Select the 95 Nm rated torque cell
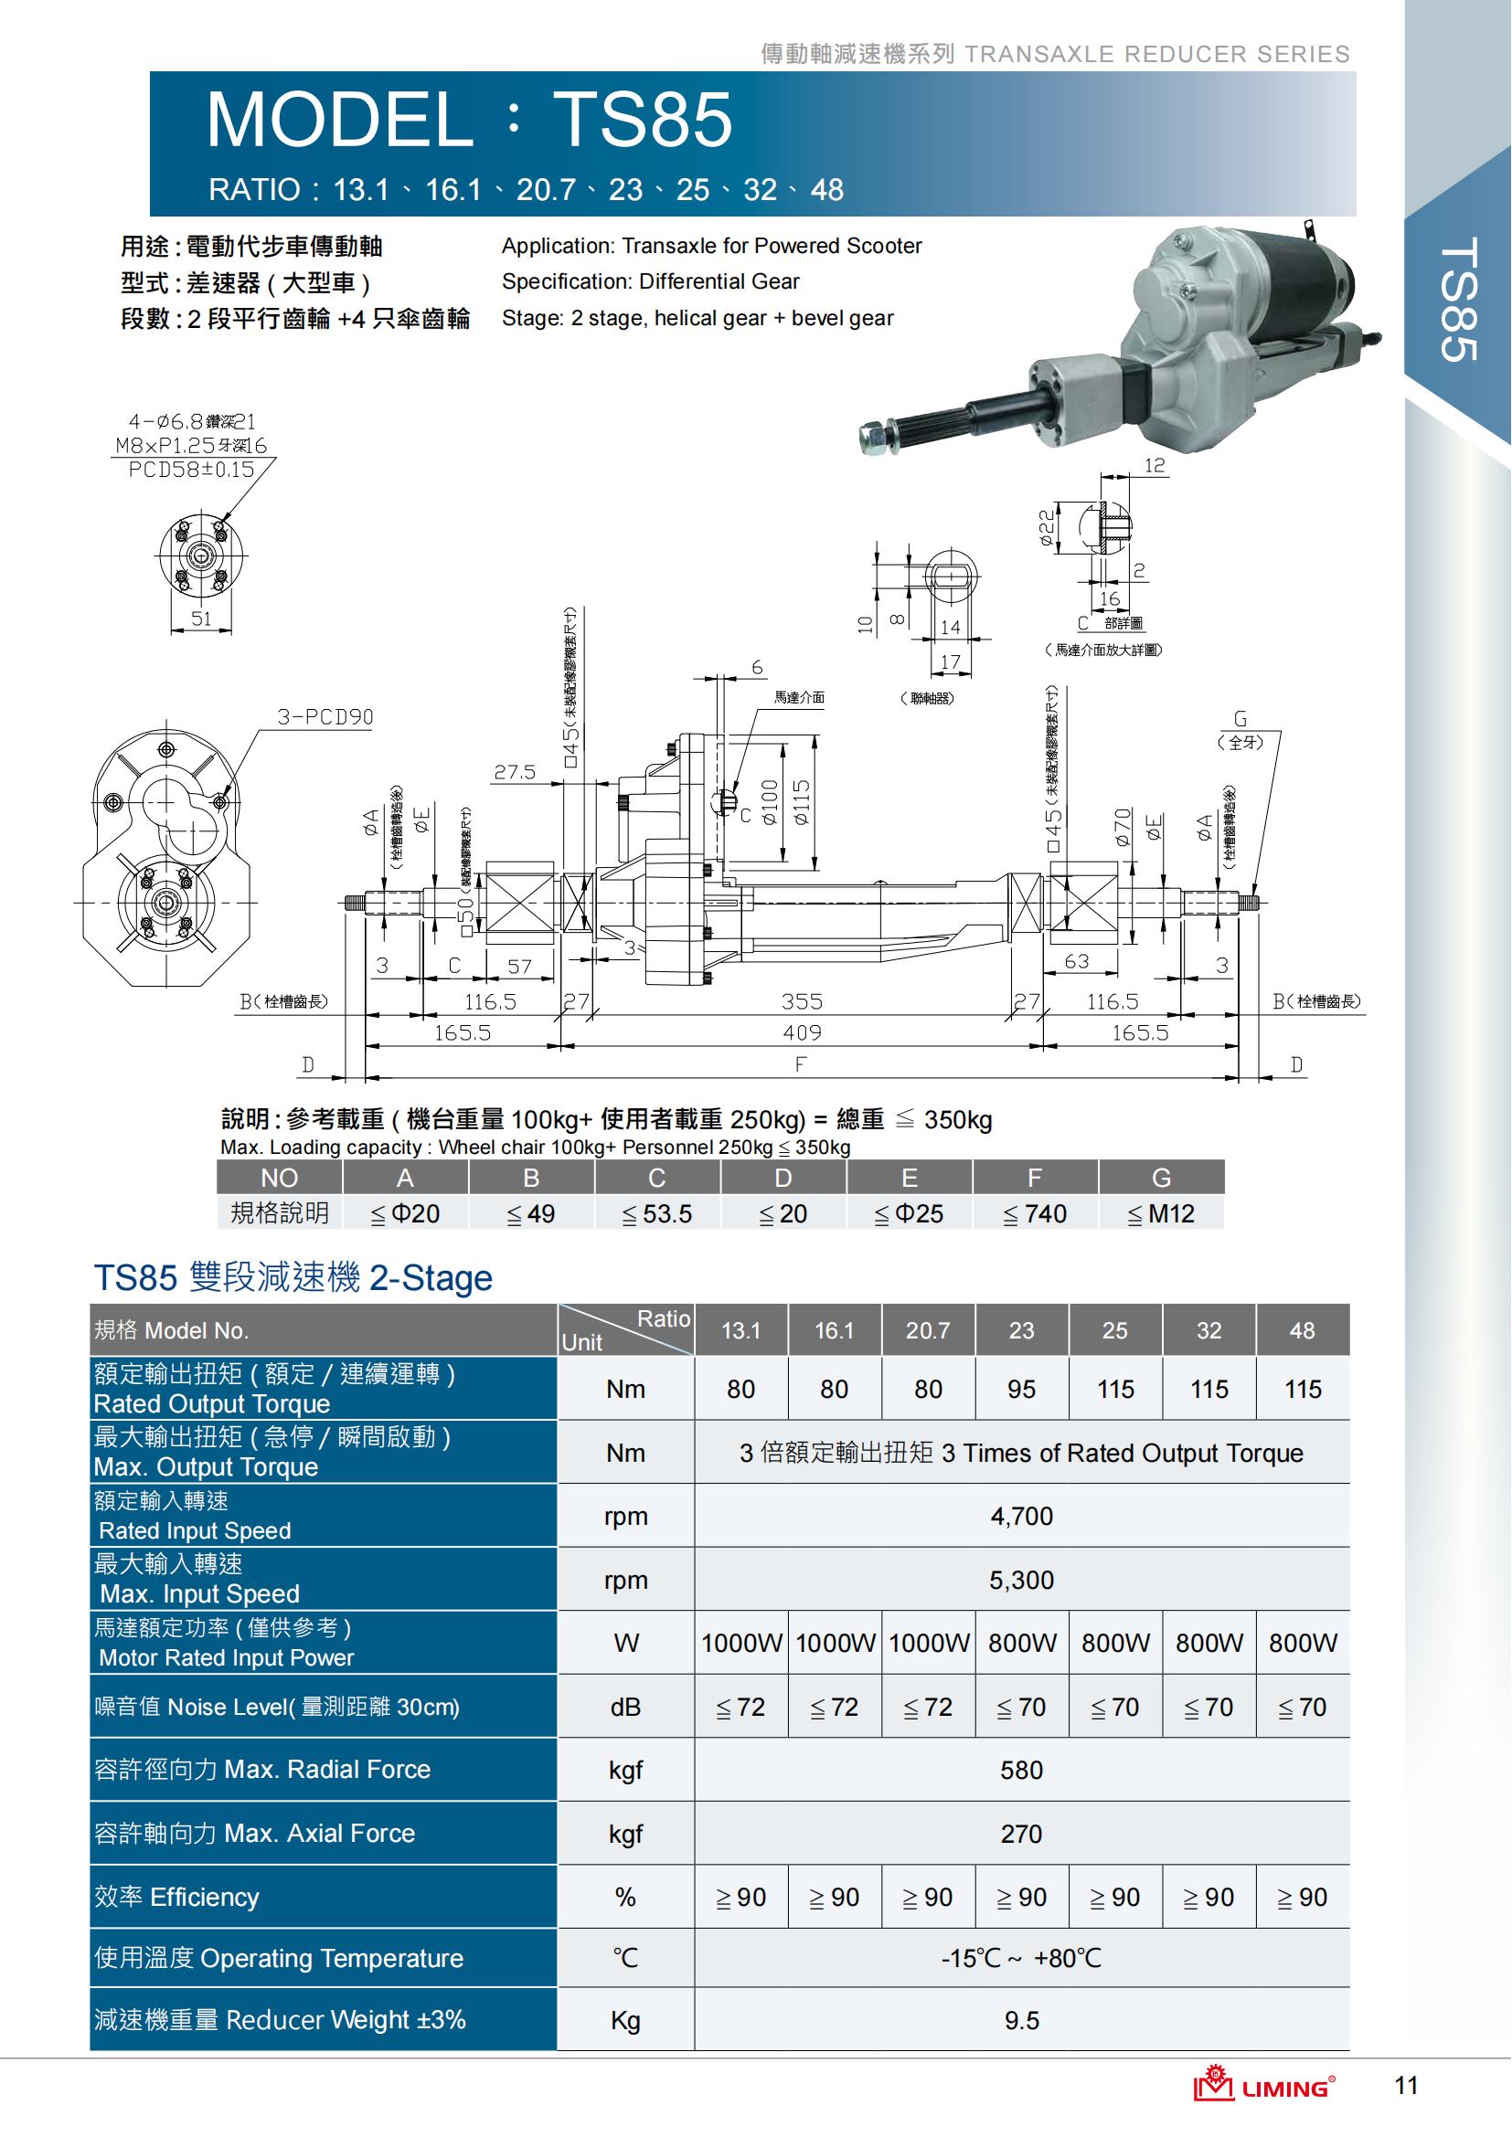point(1021,1390)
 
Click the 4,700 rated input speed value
point(1021,1517)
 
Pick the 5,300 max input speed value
point(1021,1580)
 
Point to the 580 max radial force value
point(1021,1771)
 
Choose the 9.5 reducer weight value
point(1021,2021)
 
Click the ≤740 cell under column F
point(1035,1213)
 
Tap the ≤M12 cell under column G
point(1160,1213)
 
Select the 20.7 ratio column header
point(928,1331)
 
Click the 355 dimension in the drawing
point(802,1001)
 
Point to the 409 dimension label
point(802,1032)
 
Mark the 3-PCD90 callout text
point(325,716)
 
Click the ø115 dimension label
point(802,802)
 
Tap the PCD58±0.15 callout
point(191,469)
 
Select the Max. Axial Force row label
point(319,1834)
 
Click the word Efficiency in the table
point(204,1898)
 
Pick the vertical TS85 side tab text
point(1458,300)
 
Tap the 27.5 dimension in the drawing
point(515,772)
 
